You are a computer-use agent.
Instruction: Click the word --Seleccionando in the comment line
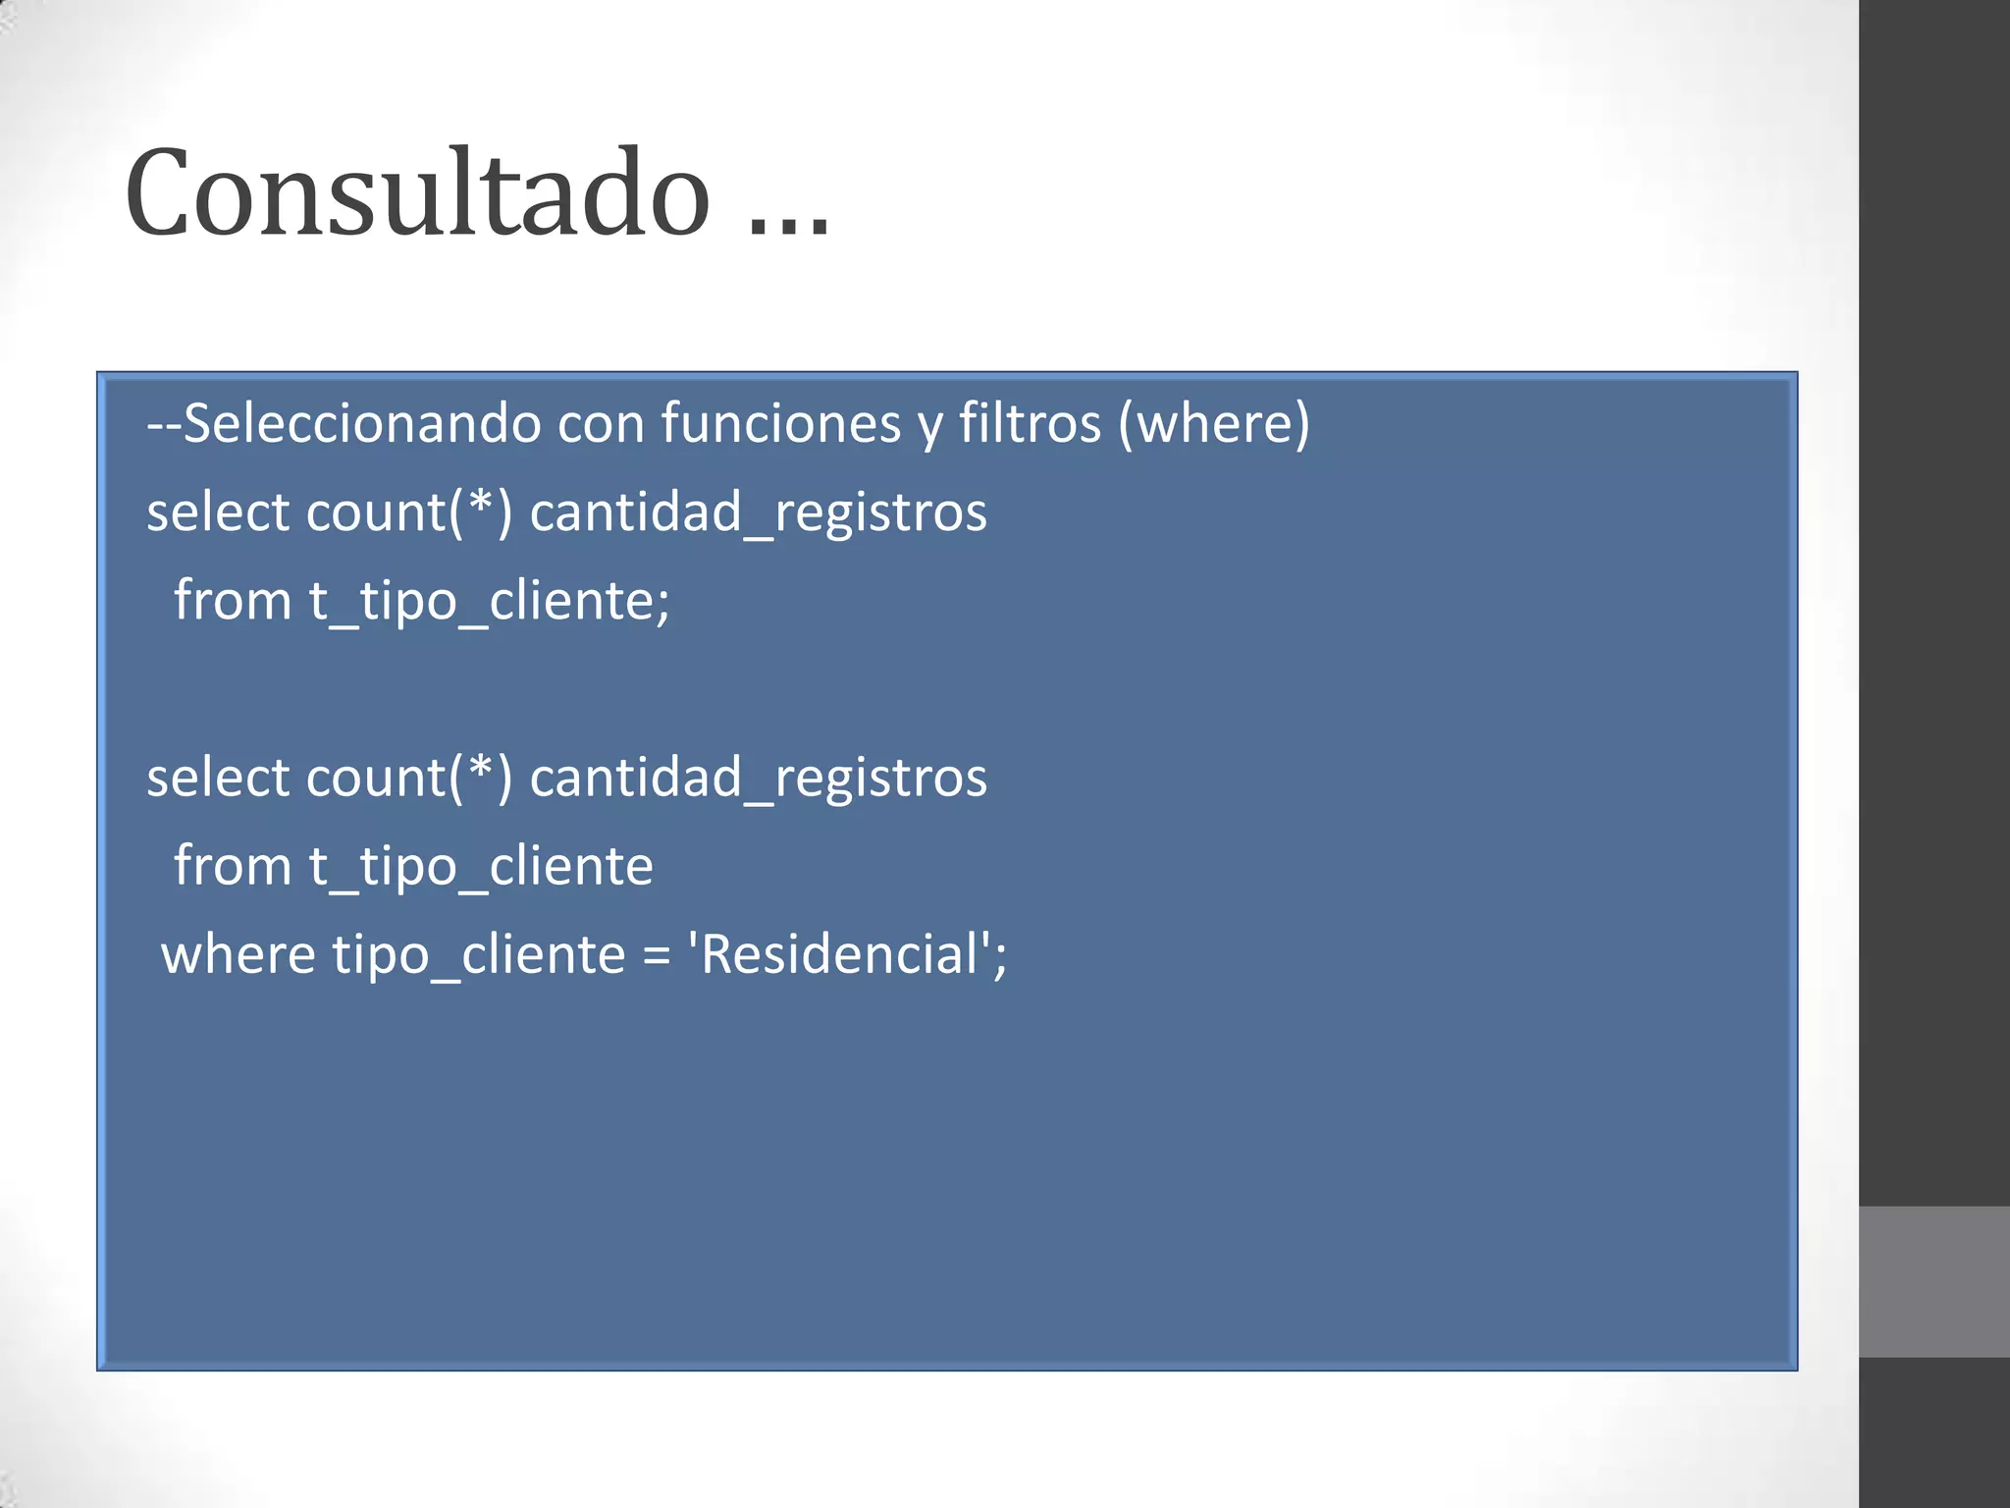[344, 423]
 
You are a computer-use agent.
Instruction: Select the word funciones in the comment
[781, 423]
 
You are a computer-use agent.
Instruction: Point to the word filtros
[1030, 423]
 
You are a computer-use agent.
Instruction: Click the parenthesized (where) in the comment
[1214, 423]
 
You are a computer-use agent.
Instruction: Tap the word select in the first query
[218, 512]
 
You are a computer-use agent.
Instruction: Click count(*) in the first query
[409, 512]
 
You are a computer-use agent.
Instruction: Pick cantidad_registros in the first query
[758, 512]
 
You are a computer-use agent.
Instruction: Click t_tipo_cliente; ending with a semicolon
[490, 600]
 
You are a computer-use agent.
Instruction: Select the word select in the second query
[218, 777]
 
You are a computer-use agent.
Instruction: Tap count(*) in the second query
[409, 777]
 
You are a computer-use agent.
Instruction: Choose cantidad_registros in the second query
[758, 777]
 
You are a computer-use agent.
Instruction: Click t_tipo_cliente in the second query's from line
[481, 866]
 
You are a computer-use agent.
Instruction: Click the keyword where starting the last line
[238, 954]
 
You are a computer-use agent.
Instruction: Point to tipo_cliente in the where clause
[478, 954]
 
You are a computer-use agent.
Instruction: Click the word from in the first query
[233, 600]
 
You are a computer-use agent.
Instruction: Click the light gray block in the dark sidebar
[1933, 1281]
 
